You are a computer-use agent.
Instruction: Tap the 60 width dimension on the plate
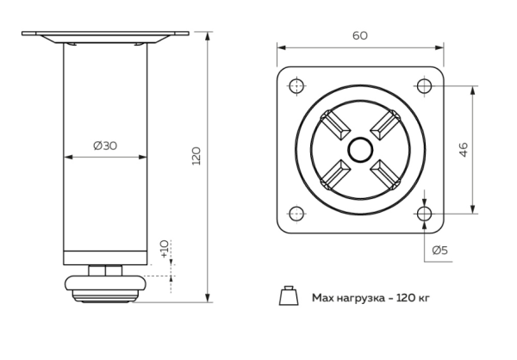point(360,35)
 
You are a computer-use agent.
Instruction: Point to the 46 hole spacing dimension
point(463,149)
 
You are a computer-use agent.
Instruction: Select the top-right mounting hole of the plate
point(424,85)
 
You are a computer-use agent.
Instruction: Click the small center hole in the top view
point(360,149)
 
